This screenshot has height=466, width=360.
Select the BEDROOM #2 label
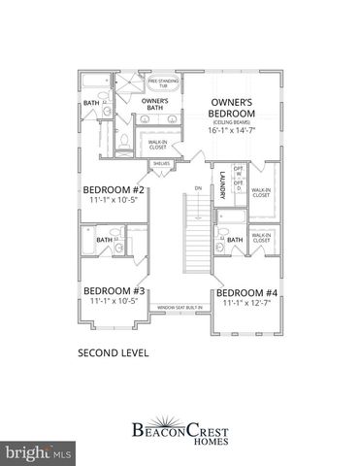click(x=114, y=190)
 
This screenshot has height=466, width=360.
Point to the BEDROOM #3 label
click(x=114, y=290)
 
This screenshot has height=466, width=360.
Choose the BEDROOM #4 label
click(x=246, y=293)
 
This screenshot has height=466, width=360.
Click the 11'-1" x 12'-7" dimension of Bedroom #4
click(x=246, y=304)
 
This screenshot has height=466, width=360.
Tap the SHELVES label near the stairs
click(x=161, y=164)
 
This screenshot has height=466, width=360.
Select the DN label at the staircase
click(x=197, y=188)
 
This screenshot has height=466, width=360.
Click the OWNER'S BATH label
click(x=155, y=105)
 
